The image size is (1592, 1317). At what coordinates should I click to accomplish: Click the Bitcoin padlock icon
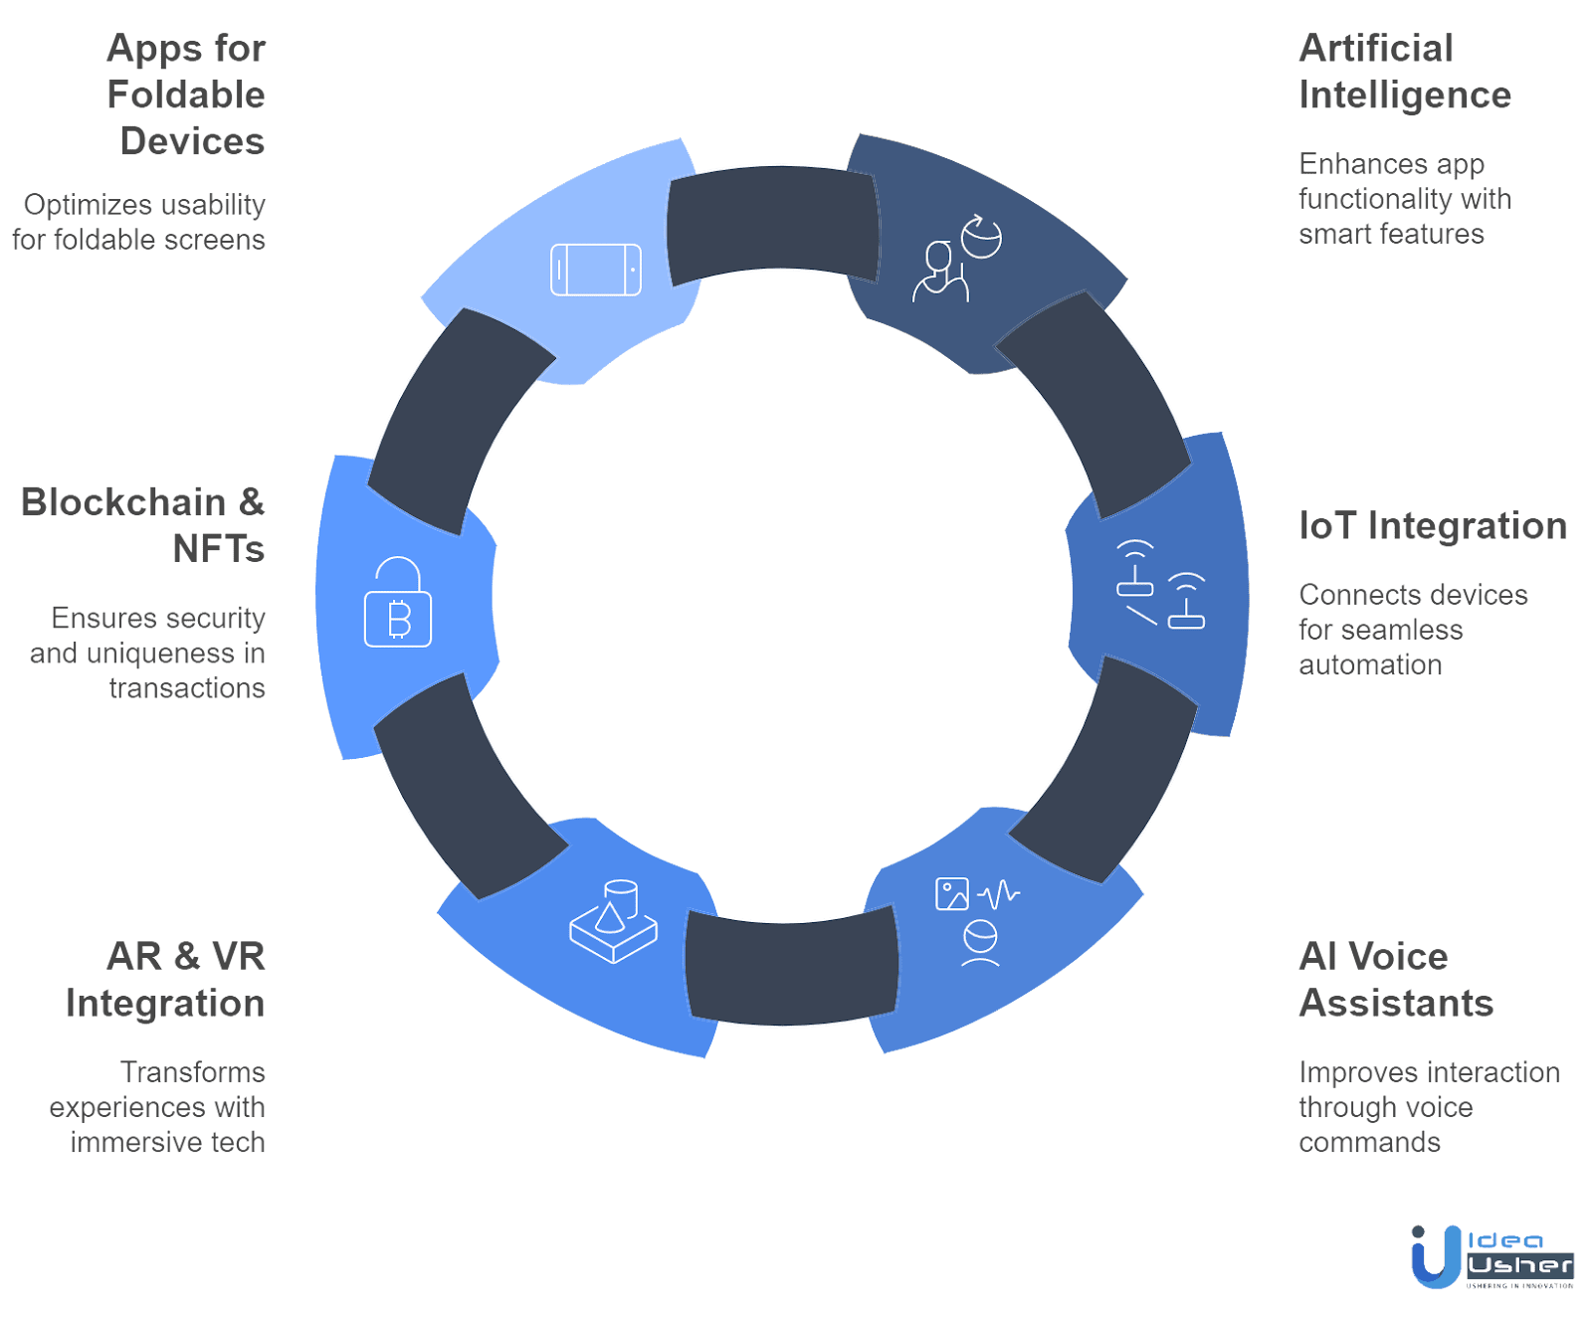point(398,603)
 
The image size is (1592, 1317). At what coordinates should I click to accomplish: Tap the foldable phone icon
point(596,270)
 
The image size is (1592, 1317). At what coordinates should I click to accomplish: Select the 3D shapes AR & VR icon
point(614,921)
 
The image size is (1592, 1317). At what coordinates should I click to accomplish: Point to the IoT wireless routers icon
point(1160,585)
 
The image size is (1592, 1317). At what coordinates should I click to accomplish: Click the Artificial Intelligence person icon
point(956,258)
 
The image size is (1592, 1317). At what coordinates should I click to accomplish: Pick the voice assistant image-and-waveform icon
point(977,921)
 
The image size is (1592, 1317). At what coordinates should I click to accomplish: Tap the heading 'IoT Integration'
point(1433,526)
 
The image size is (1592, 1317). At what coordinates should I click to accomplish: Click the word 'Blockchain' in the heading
point(124,502)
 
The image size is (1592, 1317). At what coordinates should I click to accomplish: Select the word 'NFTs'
point(219,549)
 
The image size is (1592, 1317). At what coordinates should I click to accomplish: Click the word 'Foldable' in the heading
point(186,95)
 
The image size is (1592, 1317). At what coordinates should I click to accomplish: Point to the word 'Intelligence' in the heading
point(1405,95)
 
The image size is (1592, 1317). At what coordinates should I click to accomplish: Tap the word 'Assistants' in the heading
point(1397,1004)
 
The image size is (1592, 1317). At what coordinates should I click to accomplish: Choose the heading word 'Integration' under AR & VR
point(166,1004)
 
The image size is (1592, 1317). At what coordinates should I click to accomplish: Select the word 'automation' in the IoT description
point(1370,665)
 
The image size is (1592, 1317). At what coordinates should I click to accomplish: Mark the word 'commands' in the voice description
point(1369,1143)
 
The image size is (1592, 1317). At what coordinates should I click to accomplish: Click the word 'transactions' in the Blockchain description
point(187,688)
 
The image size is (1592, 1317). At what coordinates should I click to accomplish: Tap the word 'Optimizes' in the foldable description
point(89,206)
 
